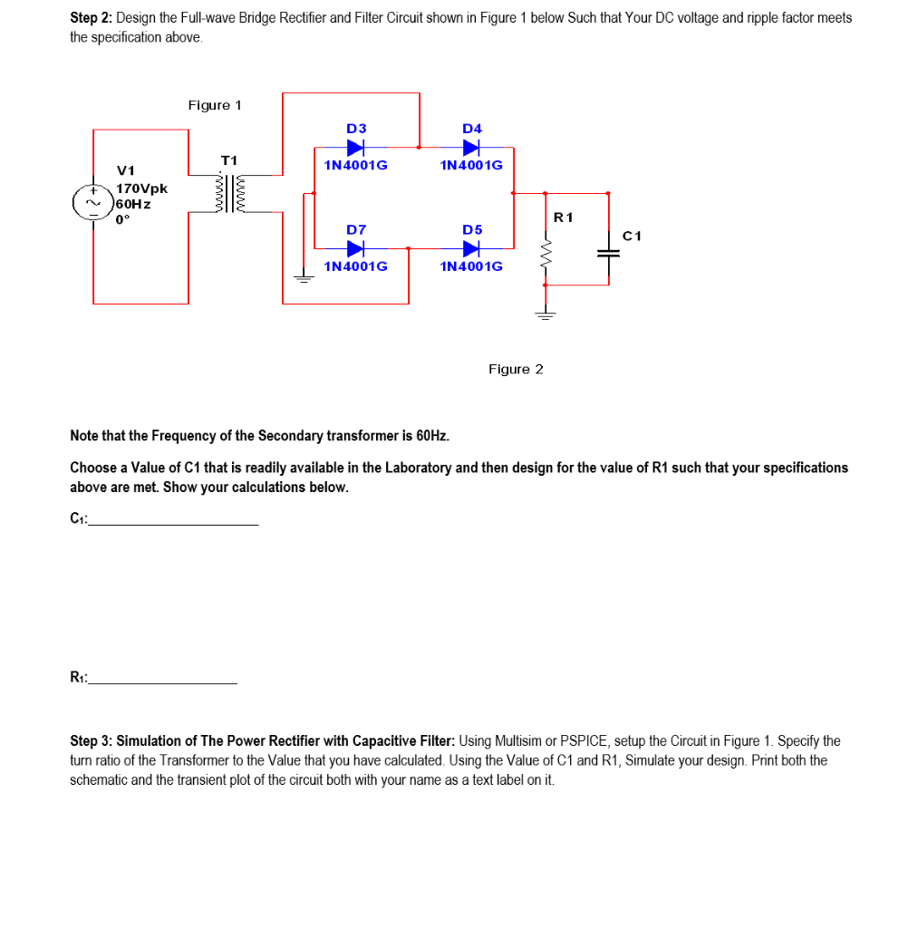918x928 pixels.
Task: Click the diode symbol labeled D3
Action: click(355, 147)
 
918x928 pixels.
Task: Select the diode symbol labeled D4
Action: click(471, 147)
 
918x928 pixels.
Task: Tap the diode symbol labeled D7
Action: click(355, 247)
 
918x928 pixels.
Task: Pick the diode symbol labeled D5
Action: click(471, 247)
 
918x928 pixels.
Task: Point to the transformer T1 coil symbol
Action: click(228, 194)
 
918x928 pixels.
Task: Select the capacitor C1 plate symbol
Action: click(607, 254)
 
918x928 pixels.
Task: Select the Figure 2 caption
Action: click(516, 369)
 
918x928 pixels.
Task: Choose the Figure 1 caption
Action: click(215, 105)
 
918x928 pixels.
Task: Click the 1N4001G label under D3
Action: click(355, 166)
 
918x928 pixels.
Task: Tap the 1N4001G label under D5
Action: click(471, 266)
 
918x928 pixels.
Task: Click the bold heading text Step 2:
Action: click(92, 18)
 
